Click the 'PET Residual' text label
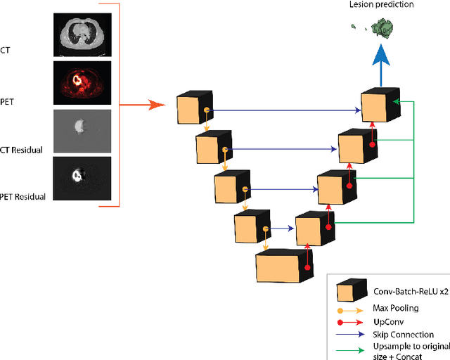(23, 196)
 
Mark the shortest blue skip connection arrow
(282, 228)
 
